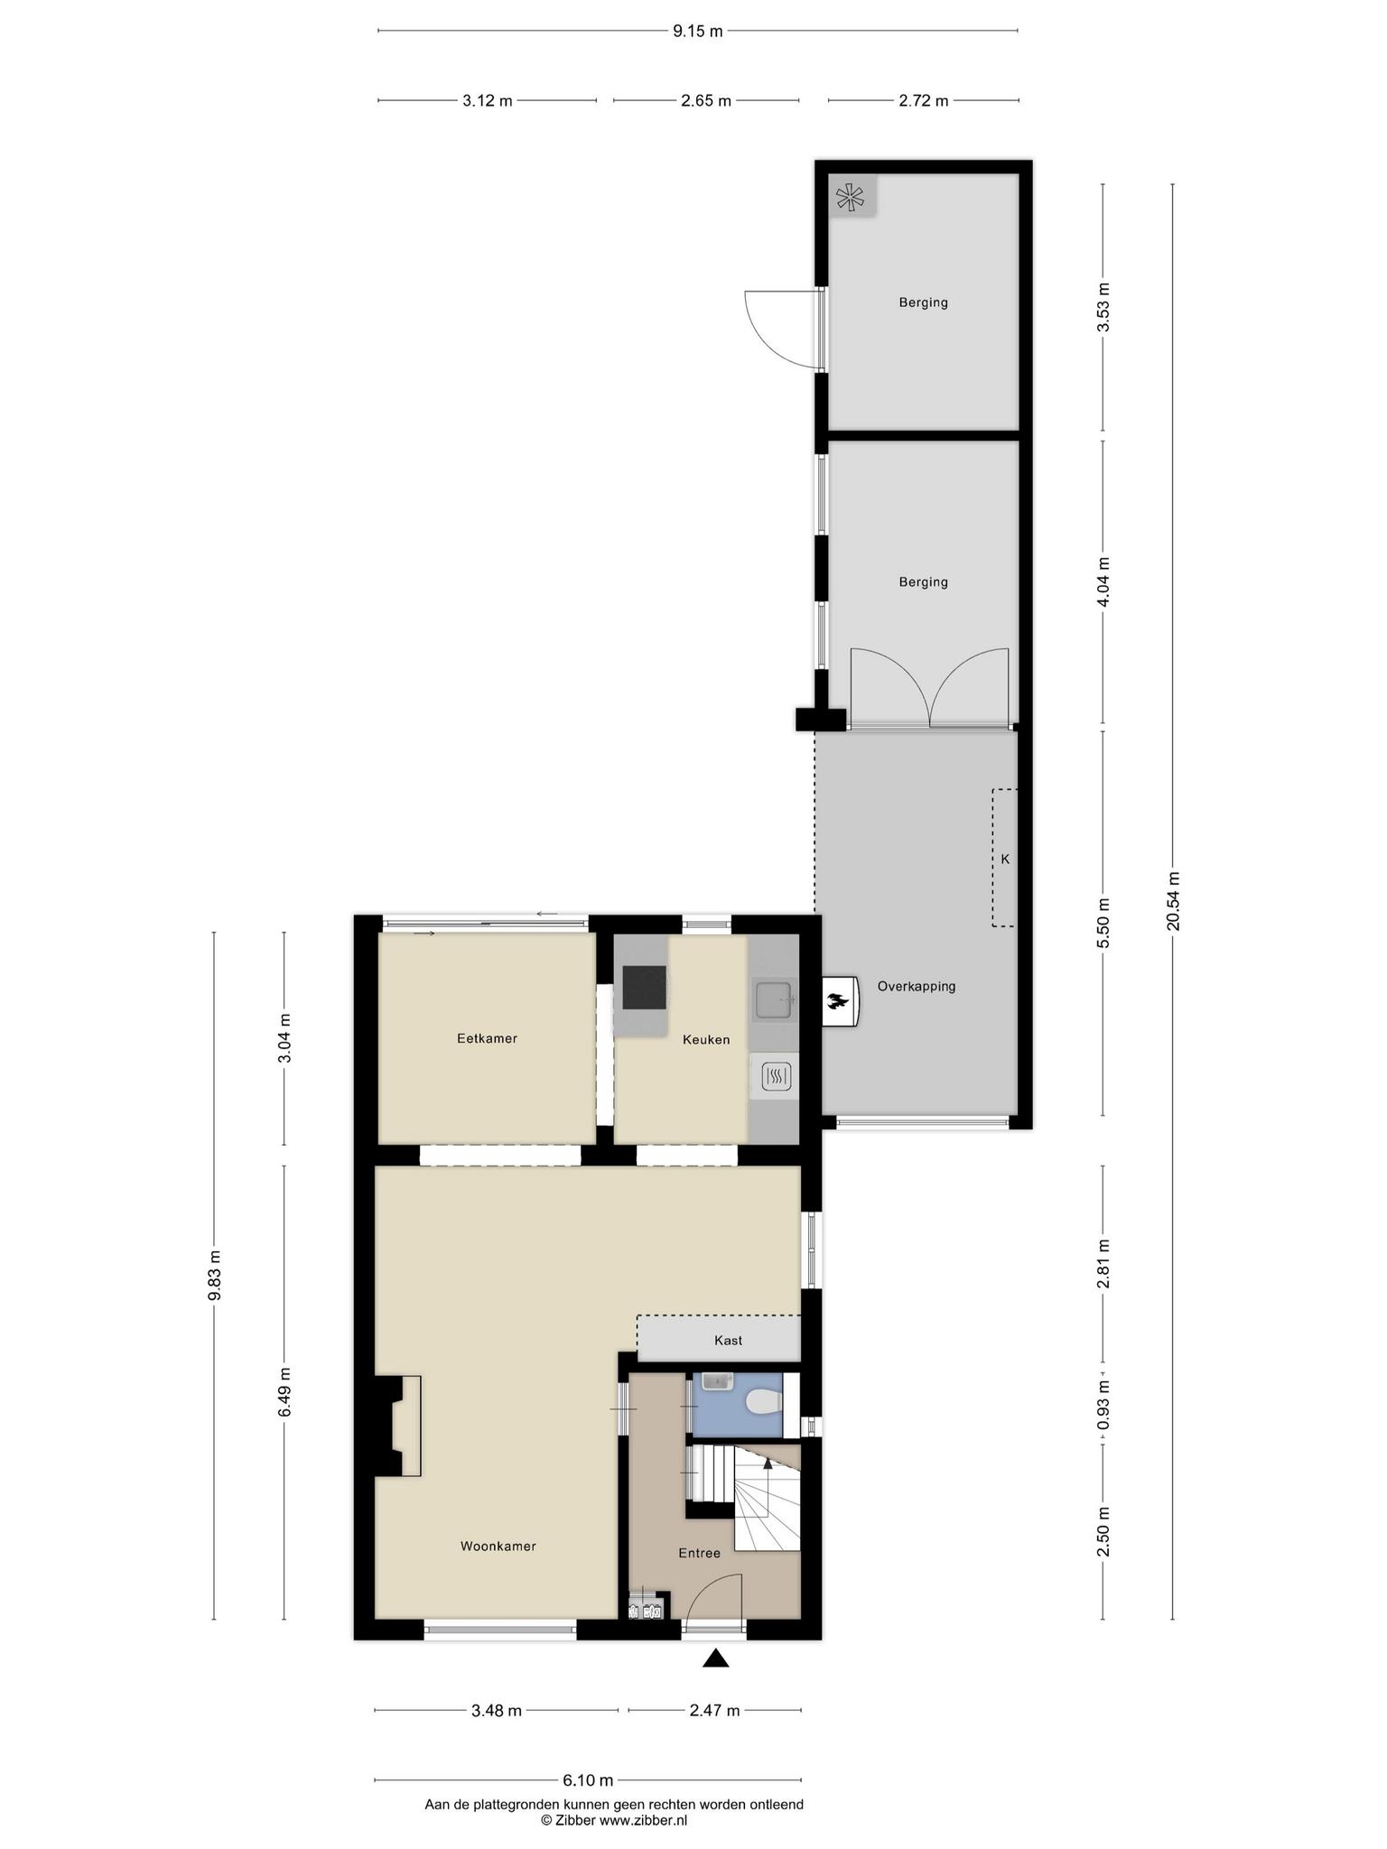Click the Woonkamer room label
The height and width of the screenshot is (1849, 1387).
(x=498, y=1546)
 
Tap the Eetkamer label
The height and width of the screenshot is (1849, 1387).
(x=487, y=1038)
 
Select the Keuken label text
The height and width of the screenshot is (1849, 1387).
(x=706, y=1039)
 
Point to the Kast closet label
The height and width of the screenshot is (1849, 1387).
(x=728, y=1340)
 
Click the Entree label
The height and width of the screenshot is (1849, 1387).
(x=700, y=1553)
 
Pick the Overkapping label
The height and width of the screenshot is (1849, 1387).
(x=917, y=986)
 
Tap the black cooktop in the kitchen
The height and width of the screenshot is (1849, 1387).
(x=645, y=987)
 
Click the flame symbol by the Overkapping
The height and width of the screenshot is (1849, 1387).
(x=838, y=1000)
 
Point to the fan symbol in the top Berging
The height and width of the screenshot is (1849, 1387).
(x=851, y=196)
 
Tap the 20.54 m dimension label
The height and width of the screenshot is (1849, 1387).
(x=1172, y=901)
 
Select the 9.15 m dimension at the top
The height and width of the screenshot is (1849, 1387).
(x=698, y=32)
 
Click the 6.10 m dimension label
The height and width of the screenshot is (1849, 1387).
(x=588, y=1780)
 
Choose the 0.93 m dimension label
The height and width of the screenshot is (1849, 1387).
(x=1103, y=1406)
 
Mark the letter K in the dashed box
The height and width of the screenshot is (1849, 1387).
(x=1005, y=859)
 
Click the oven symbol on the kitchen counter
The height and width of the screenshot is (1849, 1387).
(x=777, y=1075)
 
